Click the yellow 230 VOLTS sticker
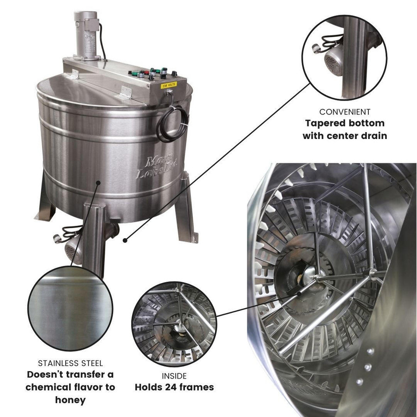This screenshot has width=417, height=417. (x=167, y=85)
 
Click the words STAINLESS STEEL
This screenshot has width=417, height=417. (x=70, y=363)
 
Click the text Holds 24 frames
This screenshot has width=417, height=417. (x=174, y=387)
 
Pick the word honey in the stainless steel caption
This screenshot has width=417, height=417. (x=70, y=399)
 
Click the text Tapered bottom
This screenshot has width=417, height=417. (x=344, y=124)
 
